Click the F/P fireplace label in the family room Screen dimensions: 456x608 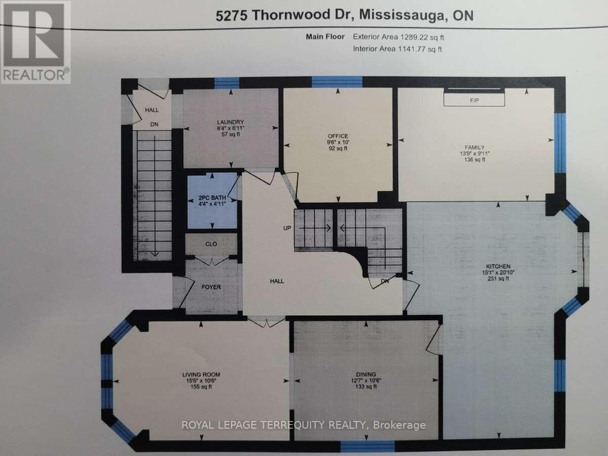[x=474, y=101]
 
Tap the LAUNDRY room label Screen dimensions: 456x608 [x=231, y=122]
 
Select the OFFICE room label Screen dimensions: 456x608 [x=337, y=136]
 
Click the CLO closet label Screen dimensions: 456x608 [x=211, y=244]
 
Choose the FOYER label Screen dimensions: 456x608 [x=211, y=287]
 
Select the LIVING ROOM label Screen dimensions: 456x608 [x=201, y=374]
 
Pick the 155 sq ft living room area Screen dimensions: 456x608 [x=201, y=387]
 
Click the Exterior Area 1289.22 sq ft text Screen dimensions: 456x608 [x=399, y=37]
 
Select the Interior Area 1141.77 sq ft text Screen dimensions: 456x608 [x=398, y=49]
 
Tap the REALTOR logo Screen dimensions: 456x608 [x=35, y=42]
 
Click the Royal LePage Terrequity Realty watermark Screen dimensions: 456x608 [x=304, y=425]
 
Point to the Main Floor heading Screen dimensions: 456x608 [x=325, y=37]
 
